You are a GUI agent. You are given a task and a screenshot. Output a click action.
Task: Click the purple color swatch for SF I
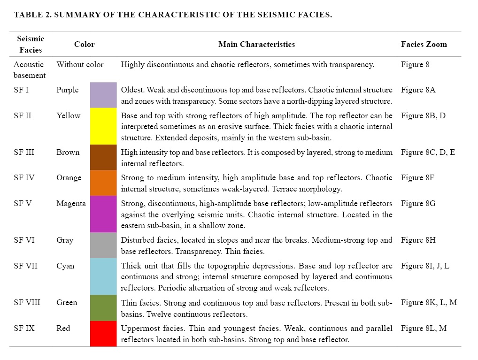[103, 95]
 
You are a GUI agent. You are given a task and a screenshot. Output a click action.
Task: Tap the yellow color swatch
[103, 126]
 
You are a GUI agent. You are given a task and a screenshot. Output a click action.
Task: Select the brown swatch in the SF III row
[103, 157]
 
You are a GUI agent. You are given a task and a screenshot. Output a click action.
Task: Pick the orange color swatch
[103, 183]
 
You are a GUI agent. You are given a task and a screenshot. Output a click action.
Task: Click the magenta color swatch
[103, 214]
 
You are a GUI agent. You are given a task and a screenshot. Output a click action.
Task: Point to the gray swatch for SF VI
[103, 245]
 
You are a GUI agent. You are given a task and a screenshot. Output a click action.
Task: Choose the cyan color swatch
[103, 276]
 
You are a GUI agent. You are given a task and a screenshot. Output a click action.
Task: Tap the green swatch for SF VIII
[103, 307]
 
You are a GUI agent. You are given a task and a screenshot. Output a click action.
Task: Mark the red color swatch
[103, 333]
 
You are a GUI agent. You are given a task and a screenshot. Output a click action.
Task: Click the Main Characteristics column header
[256, 45]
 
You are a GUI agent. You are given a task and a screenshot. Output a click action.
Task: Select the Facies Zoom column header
[424, 45]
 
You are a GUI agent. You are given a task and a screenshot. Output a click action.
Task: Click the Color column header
[85, 45]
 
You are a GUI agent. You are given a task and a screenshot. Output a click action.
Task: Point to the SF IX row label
[24, 328]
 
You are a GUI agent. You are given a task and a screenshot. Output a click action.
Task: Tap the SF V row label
[23, 203]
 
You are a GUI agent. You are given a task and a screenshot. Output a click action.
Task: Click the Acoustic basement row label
[29, 70]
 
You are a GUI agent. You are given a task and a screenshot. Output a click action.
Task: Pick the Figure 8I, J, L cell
[425, 266]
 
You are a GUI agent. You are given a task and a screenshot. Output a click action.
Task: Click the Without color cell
[80, 64]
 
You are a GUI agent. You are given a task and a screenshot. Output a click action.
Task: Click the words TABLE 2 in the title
[31, 15]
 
